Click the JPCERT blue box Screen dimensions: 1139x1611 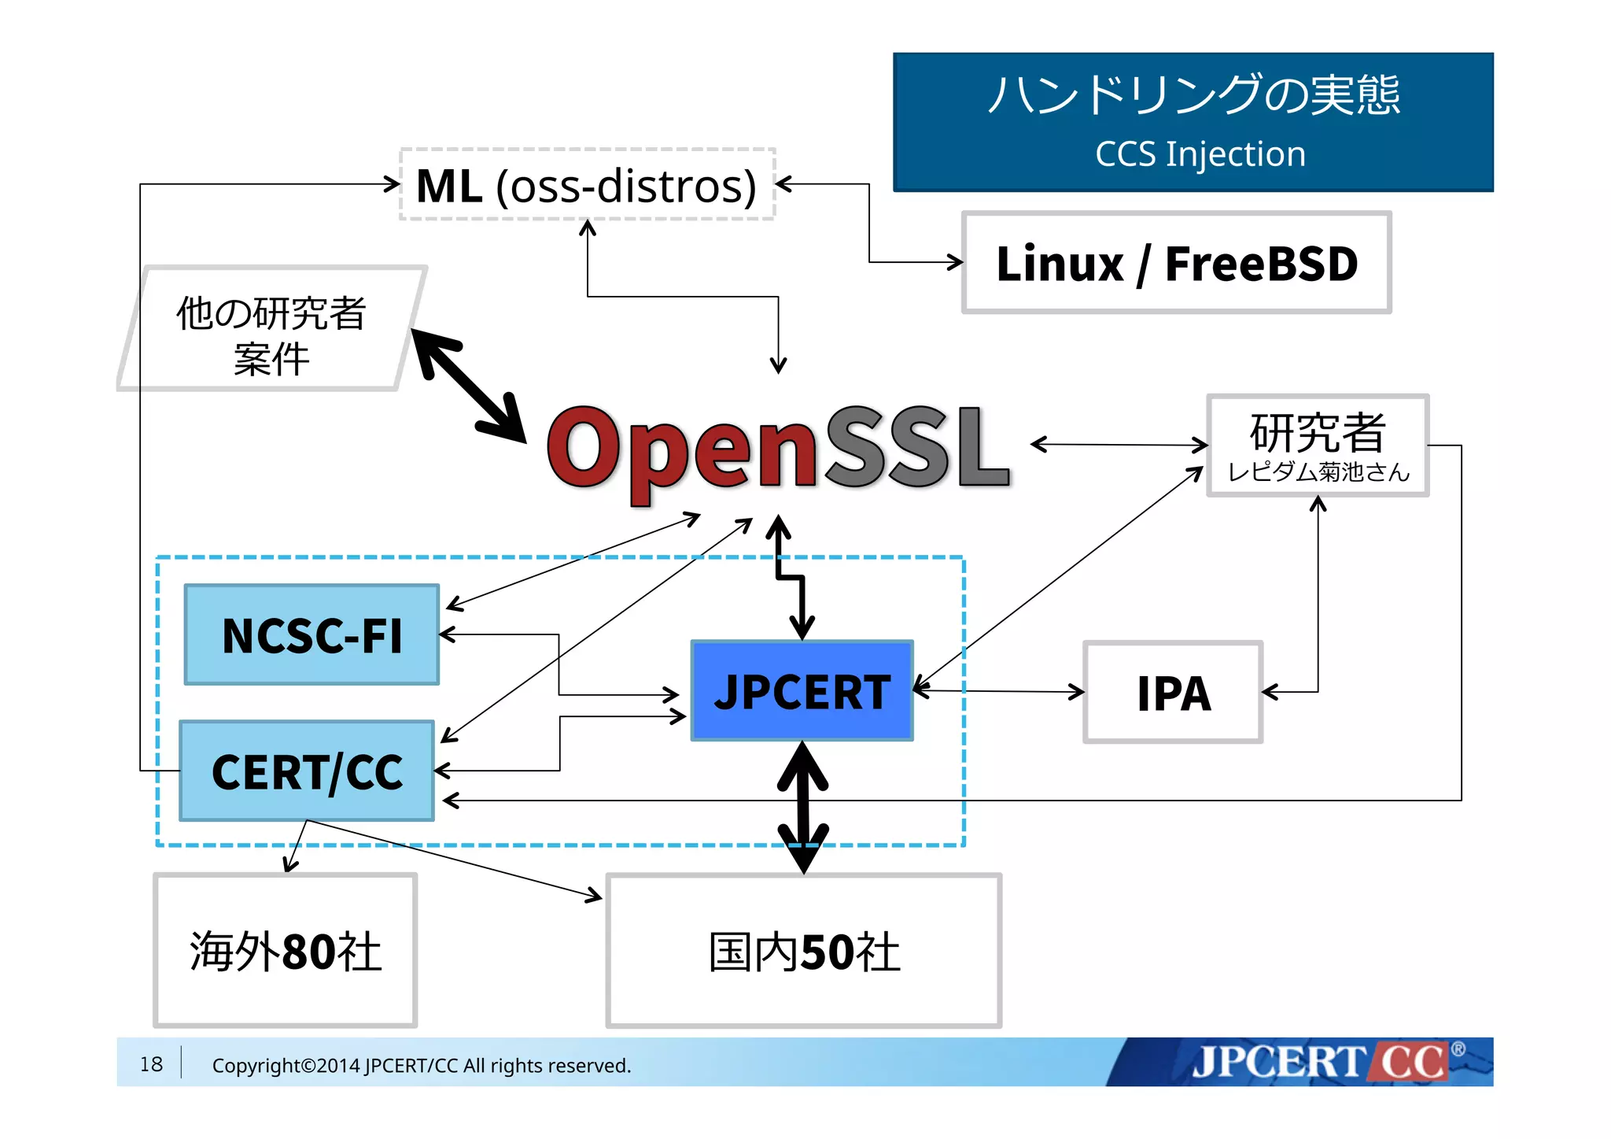point(802,691)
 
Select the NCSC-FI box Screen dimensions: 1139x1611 point(312,634)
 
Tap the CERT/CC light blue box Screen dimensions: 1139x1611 point(307,771)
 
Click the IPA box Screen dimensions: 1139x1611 point(1173,693)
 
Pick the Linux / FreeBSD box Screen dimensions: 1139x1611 point(1176,263)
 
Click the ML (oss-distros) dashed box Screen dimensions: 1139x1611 point(587,185)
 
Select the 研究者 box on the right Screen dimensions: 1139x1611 point(1318,446)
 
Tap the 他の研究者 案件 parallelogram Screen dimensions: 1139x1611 point(271,329)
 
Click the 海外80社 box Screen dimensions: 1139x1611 point(285,950)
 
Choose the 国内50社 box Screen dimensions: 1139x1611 point(803,950)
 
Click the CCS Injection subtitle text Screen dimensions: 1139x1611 point(1200,154)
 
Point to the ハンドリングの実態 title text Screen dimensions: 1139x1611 point(1193,95)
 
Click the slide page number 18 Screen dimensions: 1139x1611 point(151,1064)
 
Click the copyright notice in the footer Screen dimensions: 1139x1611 point(422,1066)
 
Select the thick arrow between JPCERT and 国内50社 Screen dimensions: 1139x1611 point(802,807)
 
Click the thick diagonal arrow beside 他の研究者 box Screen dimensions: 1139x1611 point(469,386)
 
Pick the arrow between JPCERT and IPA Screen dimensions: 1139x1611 point(999,691)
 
